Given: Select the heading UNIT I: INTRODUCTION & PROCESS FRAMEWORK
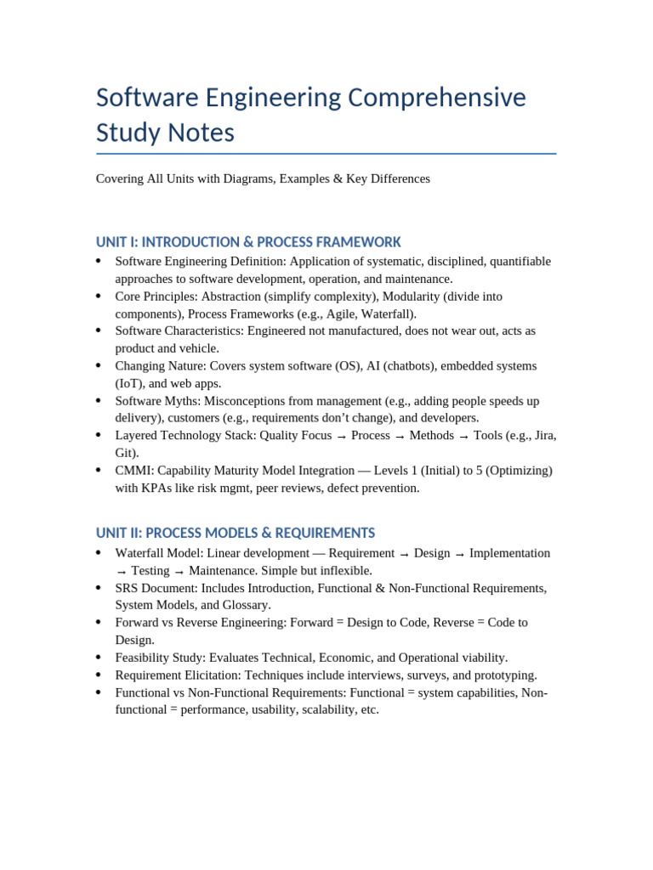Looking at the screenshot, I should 248,242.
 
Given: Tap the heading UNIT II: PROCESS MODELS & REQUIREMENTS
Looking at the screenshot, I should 235,534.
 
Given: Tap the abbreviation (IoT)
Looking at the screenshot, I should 129,383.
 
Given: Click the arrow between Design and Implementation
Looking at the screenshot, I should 460,554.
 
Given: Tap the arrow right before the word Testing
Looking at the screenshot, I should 121,572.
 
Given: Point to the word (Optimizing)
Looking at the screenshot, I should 520,471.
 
